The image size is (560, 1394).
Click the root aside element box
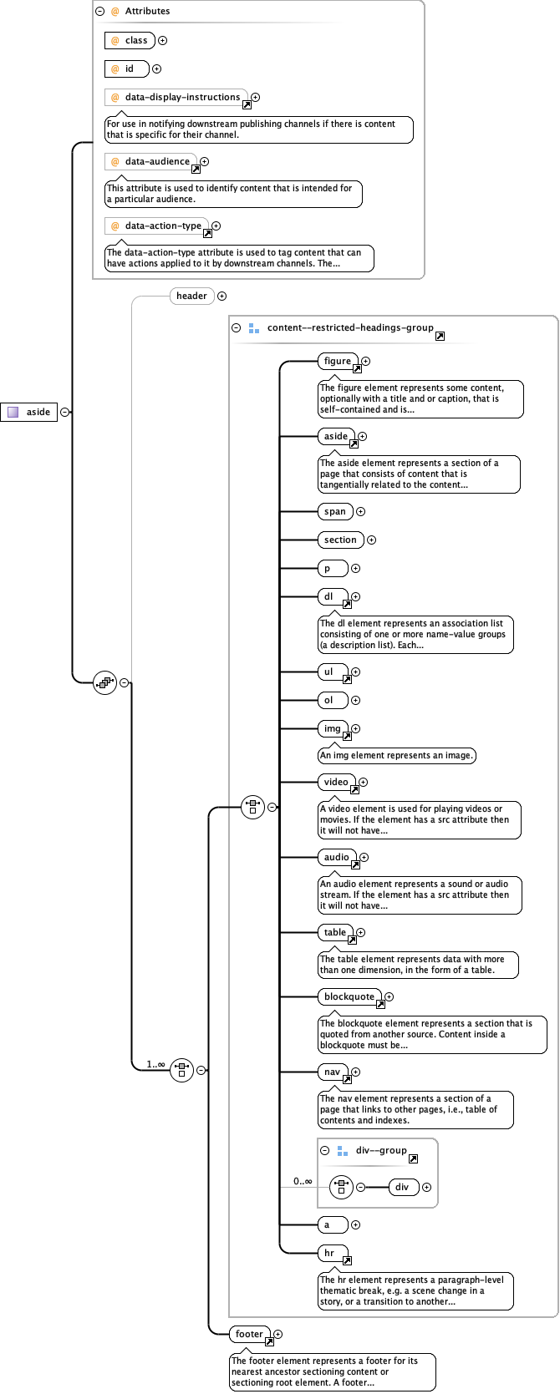(x=29, y=412)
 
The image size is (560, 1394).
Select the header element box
(x=191, y=296)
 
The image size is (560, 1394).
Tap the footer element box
(x=249, y=1334)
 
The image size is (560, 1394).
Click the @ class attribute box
(x=130, y=40)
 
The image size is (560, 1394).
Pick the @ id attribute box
(x=127, y=68)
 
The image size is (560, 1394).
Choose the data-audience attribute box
(x=150, y=161)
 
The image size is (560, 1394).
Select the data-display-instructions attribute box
(x=176, y=97)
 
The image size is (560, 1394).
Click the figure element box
(x=338, y=361)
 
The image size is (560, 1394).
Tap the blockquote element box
(x=349, y=996)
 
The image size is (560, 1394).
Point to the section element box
(x=340, y=540)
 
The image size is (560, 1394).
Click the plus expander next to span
(x=361, y=511)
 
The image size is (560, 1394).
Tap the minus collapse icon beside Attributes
(x=100, y=12)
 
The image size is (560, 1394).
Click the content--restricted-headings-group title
(x=349, y=327)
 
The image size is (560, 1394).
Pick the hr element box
(x=330, y=1253)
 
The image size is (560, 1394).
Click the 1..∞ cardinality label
(x=155, y=1064)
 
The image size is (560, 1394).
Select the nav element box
(x=333, y=1072)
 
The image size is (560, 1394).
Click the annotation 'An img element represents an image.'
(x=397, y=755)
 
